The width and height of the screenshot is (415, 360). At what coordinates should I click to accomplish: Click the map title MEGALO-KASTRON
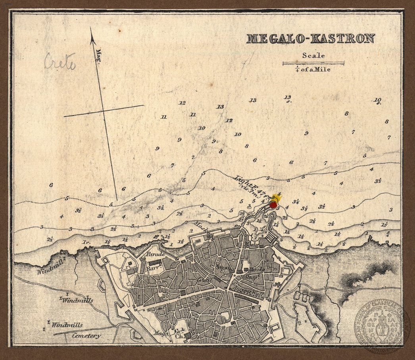coord(310,39)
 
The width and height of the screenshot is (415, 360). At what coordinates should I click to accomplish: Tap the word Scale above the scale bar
coord(313,56)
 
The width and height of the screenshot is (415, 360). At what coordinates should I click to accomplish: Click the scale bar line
coord(313,63)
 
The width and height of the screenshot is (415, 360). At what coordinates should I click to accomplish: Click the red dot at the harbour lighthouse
coord(273,205)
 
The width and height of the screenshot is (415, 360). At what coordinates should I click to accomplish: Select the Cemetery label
coord(86,336)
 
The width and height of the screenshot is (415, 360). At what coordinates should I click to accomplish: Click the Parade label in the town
coord(155,254)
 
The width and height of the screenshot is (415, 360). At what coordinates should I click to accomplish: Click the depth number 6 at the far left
coord(51,185)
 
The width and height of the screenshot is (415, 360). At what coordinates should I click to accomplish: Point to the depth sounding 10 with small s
coord(377,100)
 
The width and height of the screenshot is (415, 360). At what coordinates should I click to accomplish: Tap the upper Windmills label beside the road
coord(78,300)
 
